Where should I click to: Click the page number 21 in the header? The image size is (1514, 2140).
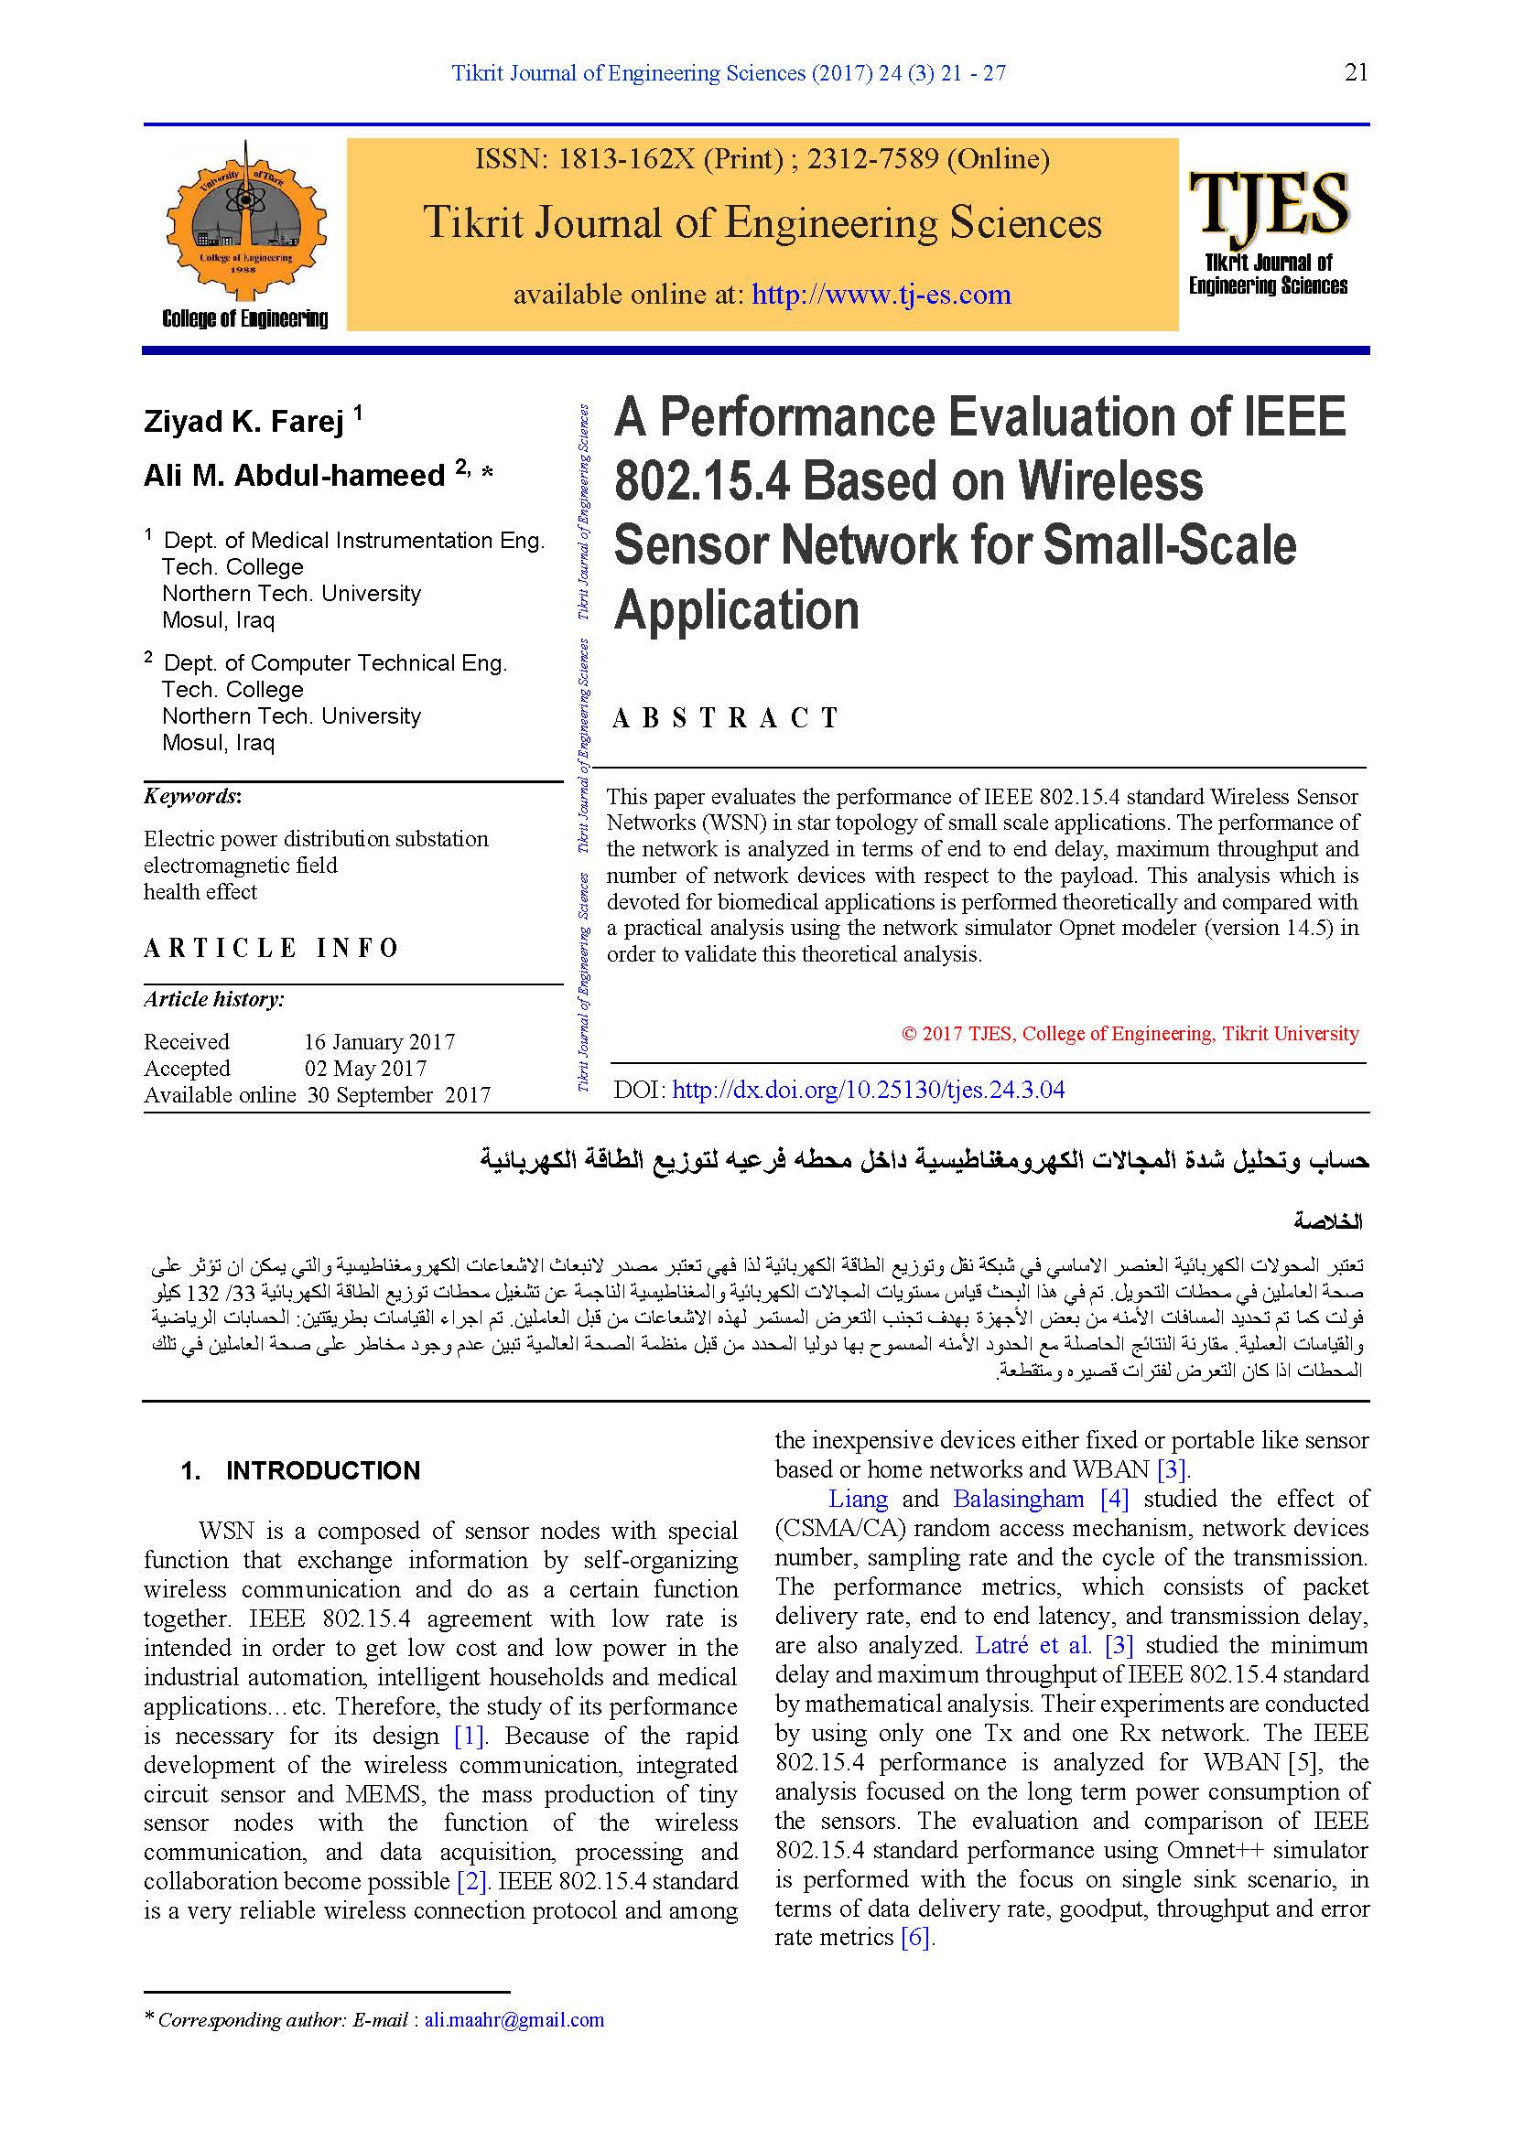(x=1356, y=72)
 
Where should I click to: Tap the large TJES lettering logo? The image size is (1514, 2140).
(x=1268, y=202)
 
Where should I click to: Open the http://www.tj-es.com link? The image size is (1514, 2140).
(x=881, y=295)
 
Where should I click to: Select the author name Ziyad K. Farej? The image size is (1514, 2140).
(x=244, y=422)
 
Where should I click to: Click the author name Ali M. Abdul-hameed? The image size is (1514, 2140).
(x=294, y=476)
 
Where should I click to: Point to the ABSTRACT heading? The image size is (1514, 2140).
(x=725, y=717)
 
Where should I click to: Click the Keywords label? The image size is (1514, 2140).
(x=192, y=796)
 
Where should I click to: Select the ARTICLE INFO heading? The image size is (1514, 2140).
(x=271, y=948)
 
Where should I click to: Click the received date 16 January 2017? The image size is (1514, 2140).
(x=380, y=1041)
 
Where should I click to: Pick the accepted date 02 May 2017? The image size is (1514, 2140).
(x=365, y=1068)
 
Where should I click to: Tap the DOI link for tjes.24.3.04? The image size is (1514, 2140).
(x=868, y=1090)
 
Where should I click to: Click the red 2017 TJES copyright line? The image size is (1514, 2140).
(x=1130, y=1033)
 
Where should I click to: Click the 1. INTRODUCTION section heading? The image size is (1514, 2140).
(x=300, y=1470)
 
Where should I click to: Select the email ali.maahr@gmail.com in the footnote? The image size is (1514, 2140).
(x=514, y=2020)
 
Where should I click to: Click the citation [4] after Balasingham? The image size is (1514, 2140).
(x=1114, y=1499)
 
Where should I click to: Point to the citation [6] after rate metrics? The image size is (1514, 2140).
(x=916, y=1937)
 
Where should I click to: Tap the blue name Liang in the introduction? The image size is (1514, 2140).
(x=858, y=1499)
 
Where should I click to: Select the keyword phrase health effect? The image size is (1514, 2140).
(x=200, y=892)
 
